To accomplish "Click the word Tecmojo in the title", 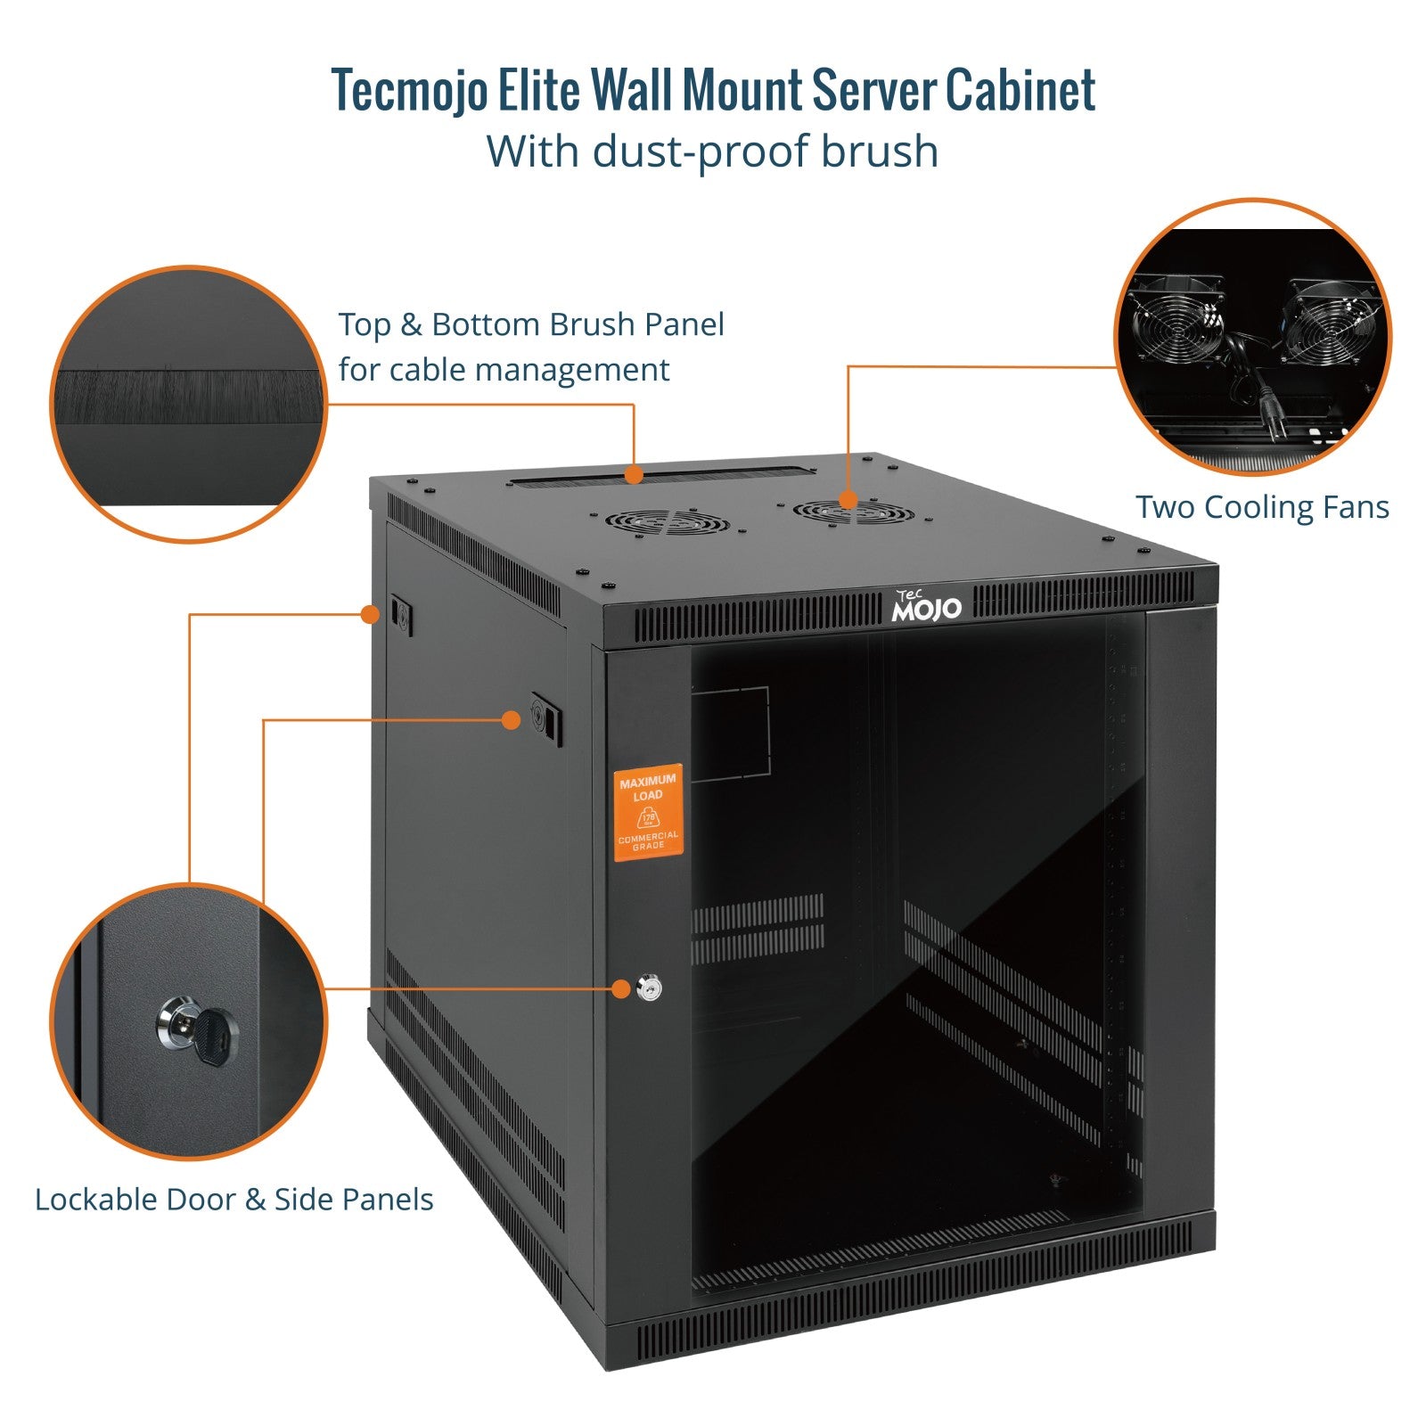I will coord(410,90).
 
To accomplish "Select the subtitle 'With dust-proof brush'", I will coord(712,152).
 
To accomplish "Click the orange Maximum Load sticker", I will coord(648,812).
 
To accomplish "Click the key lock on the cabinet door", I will coord(650,988).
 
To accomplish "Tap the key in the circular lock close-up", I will coord(214,1037).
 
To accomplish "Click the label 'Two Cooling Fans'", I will coord(1262,507).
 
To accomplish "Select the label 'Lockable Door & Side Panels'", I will coord(234,1200).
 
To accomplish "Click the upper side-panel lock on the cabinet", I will coord(400,614).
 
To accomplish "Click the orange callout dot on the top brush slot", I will coord(634,474).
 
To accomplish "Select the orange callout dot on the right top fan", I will coord(848,499).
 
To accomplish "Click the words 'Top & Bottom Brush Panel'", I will coord(531,324).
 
